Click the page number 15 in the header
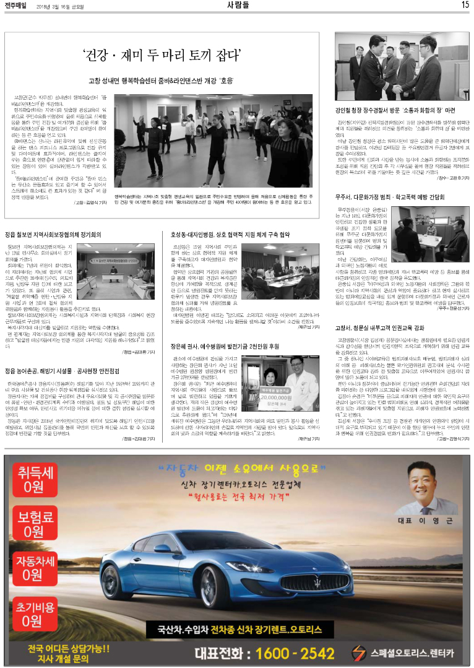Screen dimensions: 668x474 click(x=465, y=5)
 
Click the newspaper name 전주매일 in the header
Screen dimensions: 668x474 click(x=15, y=5)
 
